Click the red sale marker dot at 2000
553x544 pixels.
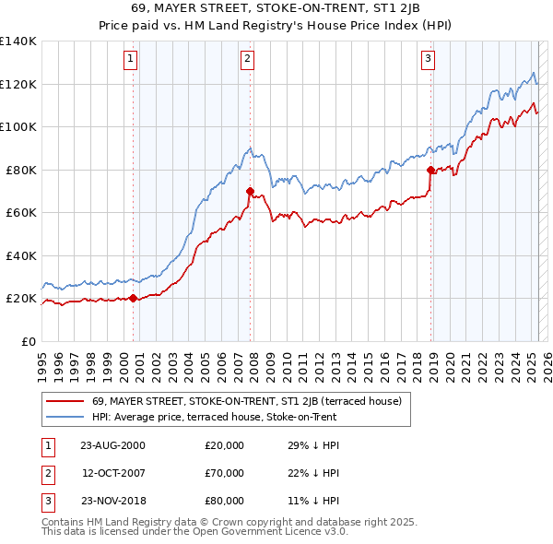(134, 298)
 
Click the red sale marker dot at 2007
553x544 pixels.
(250, 191)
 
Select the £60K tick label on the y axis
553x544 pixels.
(21, 212)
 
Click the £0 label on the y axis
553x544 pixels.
(28, 341)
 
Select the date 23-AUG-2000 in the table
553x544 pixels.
(112, 445)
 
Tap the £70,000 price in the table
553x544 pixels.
(225, 473)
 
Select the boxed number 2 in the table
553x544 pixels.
(47, 473)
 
